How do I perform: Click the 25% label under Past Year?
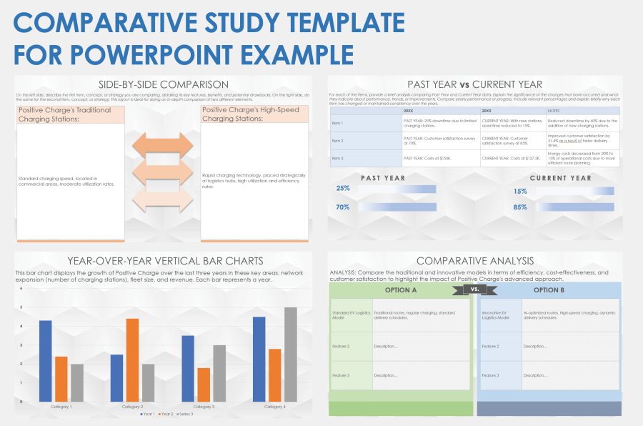coord(343,189)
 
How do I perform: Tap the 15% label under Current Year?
coord(520,192)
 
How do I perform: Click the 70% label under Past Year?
coord(343,207)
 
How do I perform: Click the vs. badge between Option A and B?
coord(475,289)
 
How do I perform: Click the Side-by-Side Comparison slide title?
coord(164,84)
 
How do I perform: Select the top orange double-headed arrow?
coord(163,146)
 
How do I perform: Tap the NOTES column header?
coord(554,111)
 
